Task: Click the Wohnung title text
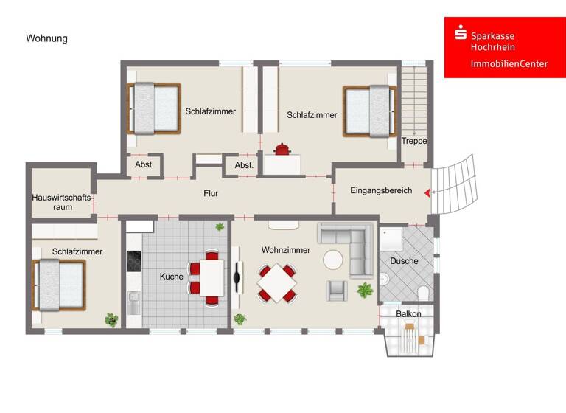pyautogui.click(x=46, y=38)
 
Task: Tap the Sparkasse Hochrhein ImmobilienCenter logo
pyautogui.click(x=500, y=48)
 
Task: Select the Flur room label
pyautogui.click(x=211, y=194)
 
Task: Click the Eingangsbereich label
pyautogui.click(x=380, y=190)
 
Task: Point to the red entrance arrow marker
pyautogui.click(x=427, y=193)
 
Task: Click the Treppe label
pyautogui.click(x=413, y=141)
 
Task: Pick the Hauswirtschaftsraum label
pyautogui.click(x=62, y=202)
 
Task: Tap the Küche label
pyautogui.click(x=172, y=277)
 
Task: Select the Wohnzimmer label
pyautogui.click(x=285, y=250)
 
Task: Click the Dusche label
pyautogui.click(x=404, y=261)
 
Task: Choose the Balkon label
pyautogui.click(x=408, y=314)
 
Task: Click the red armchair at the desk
pyautogui.click(x=282, y=150)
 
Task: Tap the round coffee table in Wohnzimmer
pyautogui.click(x=333, y=260)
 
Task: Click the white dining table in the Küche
pyautogui.click(x=212, y=277)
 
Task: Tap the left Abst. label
pyautogui.click(x=144, y=165)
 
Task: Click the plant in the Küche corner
pyautogui.click(x=220, y=227)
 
